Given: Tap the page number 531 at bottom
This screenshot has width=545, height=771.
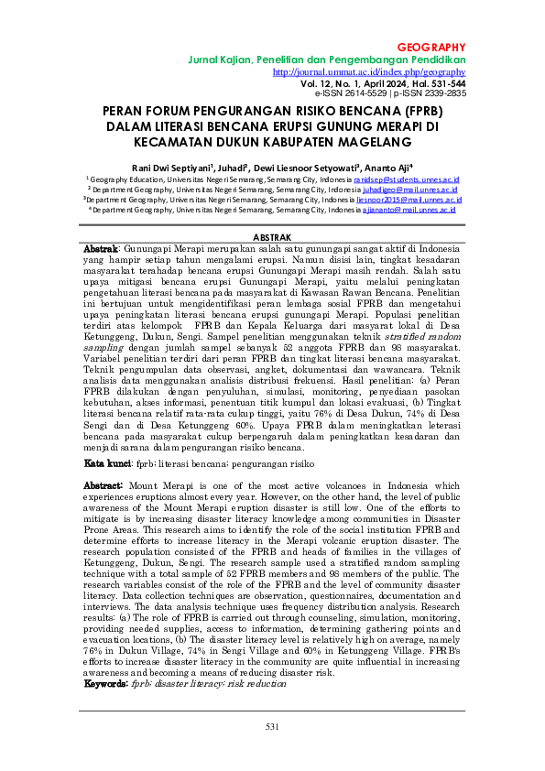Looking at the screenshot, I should coord(272,726).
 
